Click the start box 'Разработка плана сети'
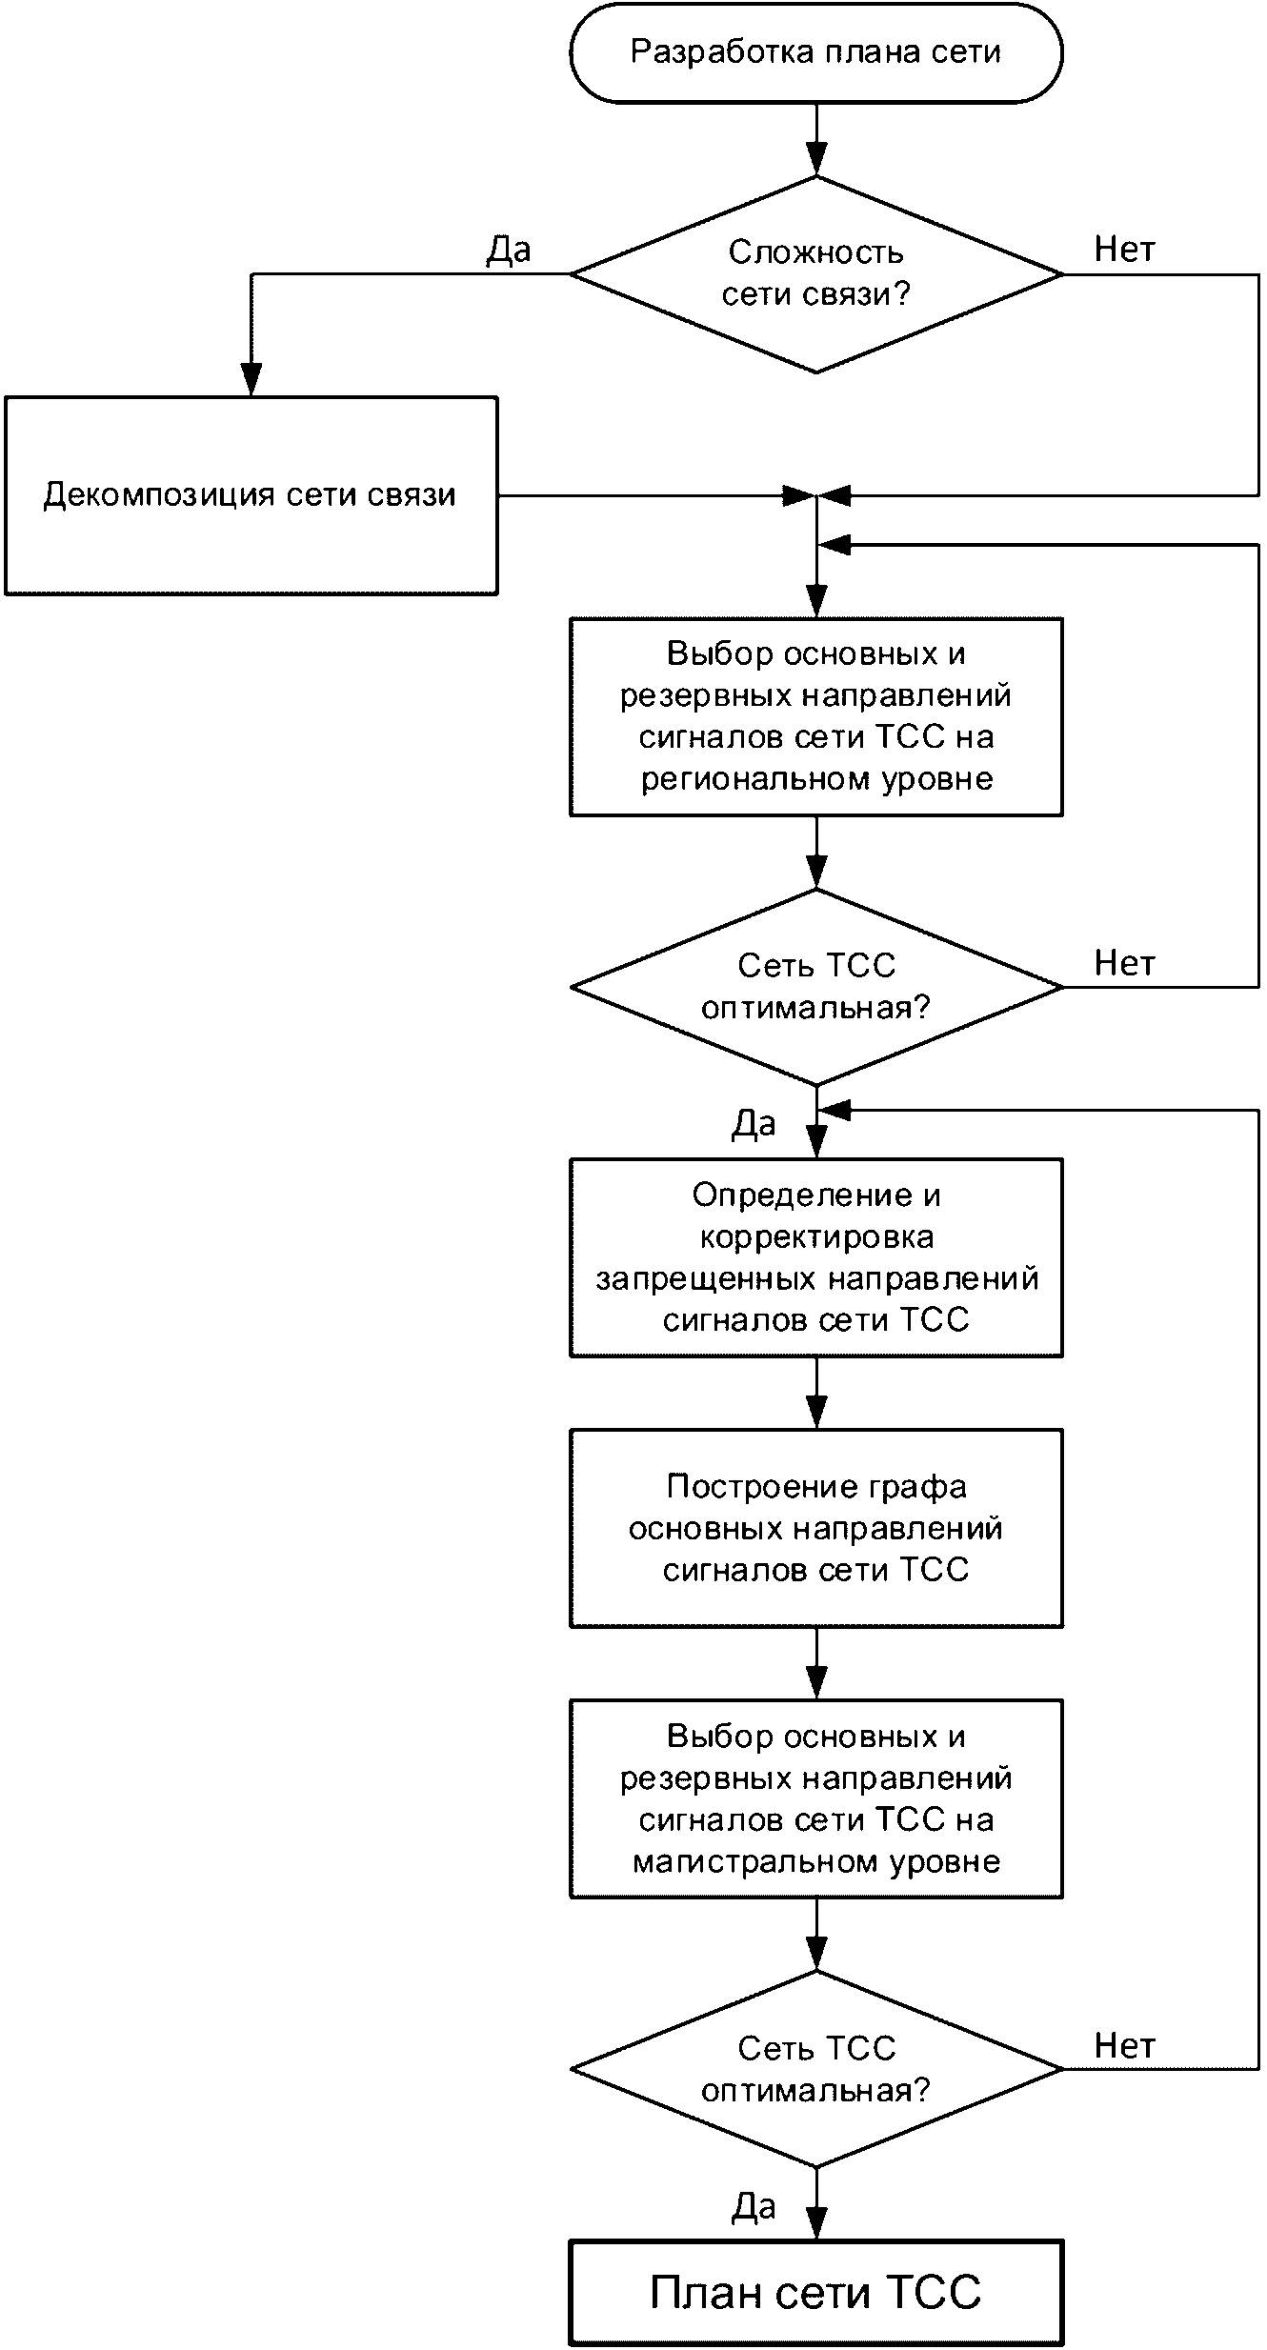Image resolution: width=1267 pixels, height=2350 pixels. (816, 52)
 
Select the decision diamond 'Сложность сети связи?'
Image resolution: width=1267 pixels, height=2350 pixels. (816, 274)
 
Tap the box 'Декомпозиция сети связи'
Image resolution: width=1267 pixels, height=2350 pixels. (251, 495)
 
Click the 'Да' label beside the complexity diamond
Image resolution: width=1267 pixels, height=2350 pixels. (509, 250)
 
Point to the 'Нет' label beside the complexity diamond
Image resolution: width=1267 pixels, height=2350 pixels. (1125, 250)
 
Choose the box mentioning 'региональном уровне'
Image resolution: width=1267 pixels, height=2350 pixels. (816, 717)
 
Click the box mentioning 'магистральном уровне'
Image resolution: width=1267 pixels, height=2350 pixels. (816, 1799)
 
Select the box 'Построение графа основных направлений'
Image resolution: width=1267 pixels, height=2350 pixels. (816, 1528)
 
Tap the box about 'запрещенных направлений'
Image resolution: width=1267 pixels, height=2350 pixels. (816, 1257)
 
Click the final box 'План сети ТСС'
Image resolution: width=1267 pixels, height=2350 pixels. (816, 2292)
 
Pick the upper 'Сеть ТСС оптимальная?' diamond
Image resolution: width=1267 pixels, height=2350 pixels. (816, 987)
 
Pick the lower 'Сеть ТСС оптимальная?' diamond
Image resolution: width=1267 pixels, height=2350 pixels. (816, 2069)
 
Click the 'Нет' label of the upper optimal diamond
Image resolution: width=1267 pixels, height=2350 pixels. (1125, 963)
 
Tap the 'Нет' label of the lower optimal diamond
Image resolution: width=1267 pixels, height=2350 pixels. (1125, 2045)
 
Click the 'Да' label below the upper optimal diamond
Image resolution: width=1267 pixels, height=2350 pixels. (754, 1124)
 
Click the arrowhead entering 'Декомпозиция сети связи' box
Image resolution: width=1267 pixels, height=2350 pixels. (251, 380)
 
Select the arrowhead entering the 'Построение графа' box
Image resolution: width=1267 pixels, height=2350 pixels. (816, 1413)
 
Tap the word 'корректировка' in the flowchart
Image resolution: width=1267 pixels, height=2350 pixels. (816, 1236)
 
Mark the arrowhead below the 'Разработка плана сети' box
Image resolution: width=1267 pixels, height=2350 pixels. (816, 159)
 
